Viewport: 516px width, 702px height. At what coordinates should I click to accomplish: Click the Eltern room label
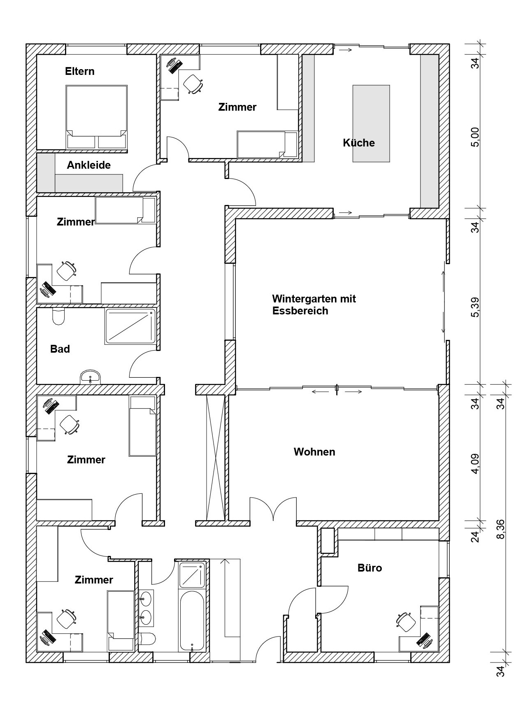79,72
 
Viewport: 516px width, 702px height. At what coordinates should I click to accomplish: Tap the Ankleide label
88,165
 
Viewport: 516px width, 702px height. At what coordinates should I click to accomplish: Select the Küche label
359,143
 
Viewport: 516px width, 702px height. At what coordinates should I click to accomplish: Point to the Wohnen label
314,451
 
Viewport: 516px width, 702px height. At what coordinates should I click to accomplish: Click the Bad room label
60,349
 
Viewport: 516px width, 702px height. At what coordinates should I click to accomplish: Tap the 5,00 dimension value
475,137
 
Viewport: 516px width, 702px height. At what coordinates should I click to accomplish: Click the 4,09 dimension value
475,463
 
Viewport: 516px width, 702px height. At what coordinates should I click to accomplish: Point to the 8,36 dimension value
501,529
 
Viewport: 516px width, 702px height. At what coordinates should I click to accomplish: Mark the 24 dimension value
475,537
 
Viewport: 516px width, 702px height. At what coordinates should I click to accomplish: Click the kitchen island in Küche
371,123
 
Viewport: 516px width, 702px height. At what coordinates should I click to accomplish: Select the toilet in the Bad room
58,316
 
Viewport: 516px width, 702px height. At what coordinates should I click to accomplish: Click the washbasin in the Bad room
90,377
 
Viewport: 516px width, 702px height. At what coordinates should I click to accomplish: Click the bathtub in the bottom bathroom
192,619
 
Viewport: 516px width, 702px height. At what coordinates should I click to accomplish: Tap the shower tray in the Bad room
130,326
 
